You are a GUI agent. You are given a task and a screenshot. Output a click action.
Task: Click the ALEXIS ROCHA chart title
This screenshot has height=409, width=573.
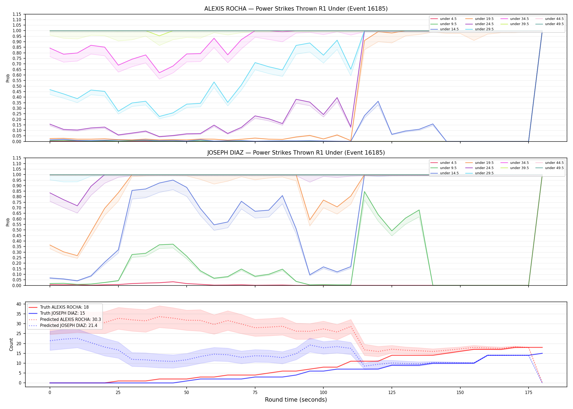(x=296, y=9)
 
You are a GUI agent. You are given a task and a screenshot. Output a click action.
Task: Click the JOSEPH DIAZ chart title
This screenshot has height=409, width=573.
(x=296, y=153)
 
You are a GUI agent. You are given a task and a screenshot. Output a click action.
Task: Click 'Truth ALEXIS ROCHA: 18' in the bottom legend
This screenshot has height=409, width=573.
(x=64, y=307)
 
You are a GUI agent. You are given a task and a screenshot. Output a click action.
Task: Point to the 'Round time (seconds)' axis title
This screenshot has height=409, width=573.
(x=296, y=400)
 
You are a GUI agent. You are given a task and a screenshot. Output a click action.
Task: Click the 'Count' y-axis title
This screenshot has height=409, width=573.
(x=11, y=344)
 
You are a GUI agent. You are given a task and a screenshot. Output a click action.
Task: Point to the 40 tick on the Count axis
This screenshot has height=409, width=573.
(x=19, y=304)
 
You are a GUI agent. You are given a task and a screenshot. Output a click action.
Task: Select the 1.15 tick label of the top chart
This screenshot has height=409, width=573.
(x=17, y=14)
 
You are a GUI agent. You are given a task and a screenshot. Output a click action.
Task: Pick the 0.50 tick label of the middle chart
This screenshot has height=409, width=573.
(x=17, y=230)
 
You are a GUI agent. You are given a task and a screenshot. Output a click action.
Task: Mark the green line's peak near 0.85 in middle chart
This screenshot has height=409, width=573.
(x=364, y=192)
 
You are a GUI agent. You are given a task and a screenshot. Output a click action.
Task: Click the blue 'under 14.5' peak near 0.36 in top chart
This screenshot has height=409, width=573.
(x=378, y=101)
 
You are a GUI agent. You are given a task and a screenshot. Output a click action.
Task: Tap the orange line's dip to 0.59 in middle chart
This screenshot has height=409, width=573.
(x=310, y=220)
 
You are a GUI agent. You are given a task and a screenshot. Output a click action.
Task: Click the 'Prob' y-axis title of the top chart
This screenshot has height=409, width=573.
(x=8, y=78)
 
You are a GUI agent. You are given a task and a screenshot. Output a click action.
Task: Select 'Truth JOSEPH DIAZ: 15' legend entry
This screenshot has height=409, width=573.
(x=62, y=313)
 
